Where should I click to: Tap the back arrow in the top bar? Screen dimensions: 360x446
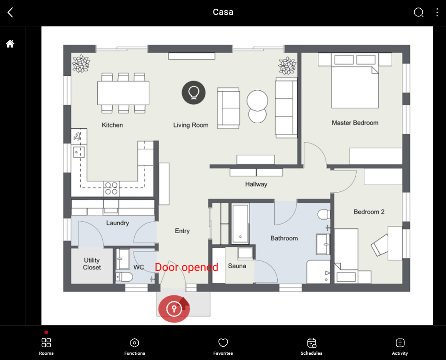(x=11, y=12)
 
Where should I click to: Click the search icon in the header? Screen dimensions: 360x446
(x=418, y=12)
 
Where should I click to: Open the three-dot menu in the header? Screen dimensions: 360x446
(x=437, y=12)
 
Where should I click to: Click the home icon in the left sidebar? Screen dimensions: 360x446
(x=10, y=44)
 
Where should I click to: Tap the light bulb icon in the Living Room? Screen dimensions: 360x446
(x=193, y=92)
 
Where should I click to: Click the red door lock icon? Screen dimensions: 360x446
(x=174, y=309)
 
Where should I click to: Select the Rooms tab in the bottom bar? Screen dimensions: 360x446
(x=46, y=346)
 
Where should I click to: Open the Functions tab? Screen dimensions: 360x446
(x=135, y=346)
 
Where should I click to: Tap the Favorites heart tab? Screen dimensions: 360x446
(x=223, y=346)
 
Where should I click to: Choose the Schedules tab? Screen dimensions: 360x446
(x=311, y=346)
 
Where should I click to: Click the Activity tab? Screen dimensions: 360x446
(x=400, y=346)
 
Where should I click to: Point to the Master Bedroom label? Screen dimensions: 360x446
(x=355, y=123)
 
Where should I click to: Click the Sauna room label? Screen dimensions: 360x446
(x=237, y=266)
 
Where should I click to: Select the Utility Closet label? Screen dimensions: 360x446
(x=92, y=264)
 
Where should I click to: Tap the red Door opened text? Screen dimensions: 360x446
(x=186, y=267)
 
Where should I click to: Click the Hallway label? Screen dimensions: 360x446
(x=256, y=184)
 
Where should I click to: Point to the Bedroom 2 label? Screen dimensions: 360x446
(x=369, y=212)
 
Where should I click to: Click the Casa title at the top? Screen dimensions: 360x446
(x=223, y=12)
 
